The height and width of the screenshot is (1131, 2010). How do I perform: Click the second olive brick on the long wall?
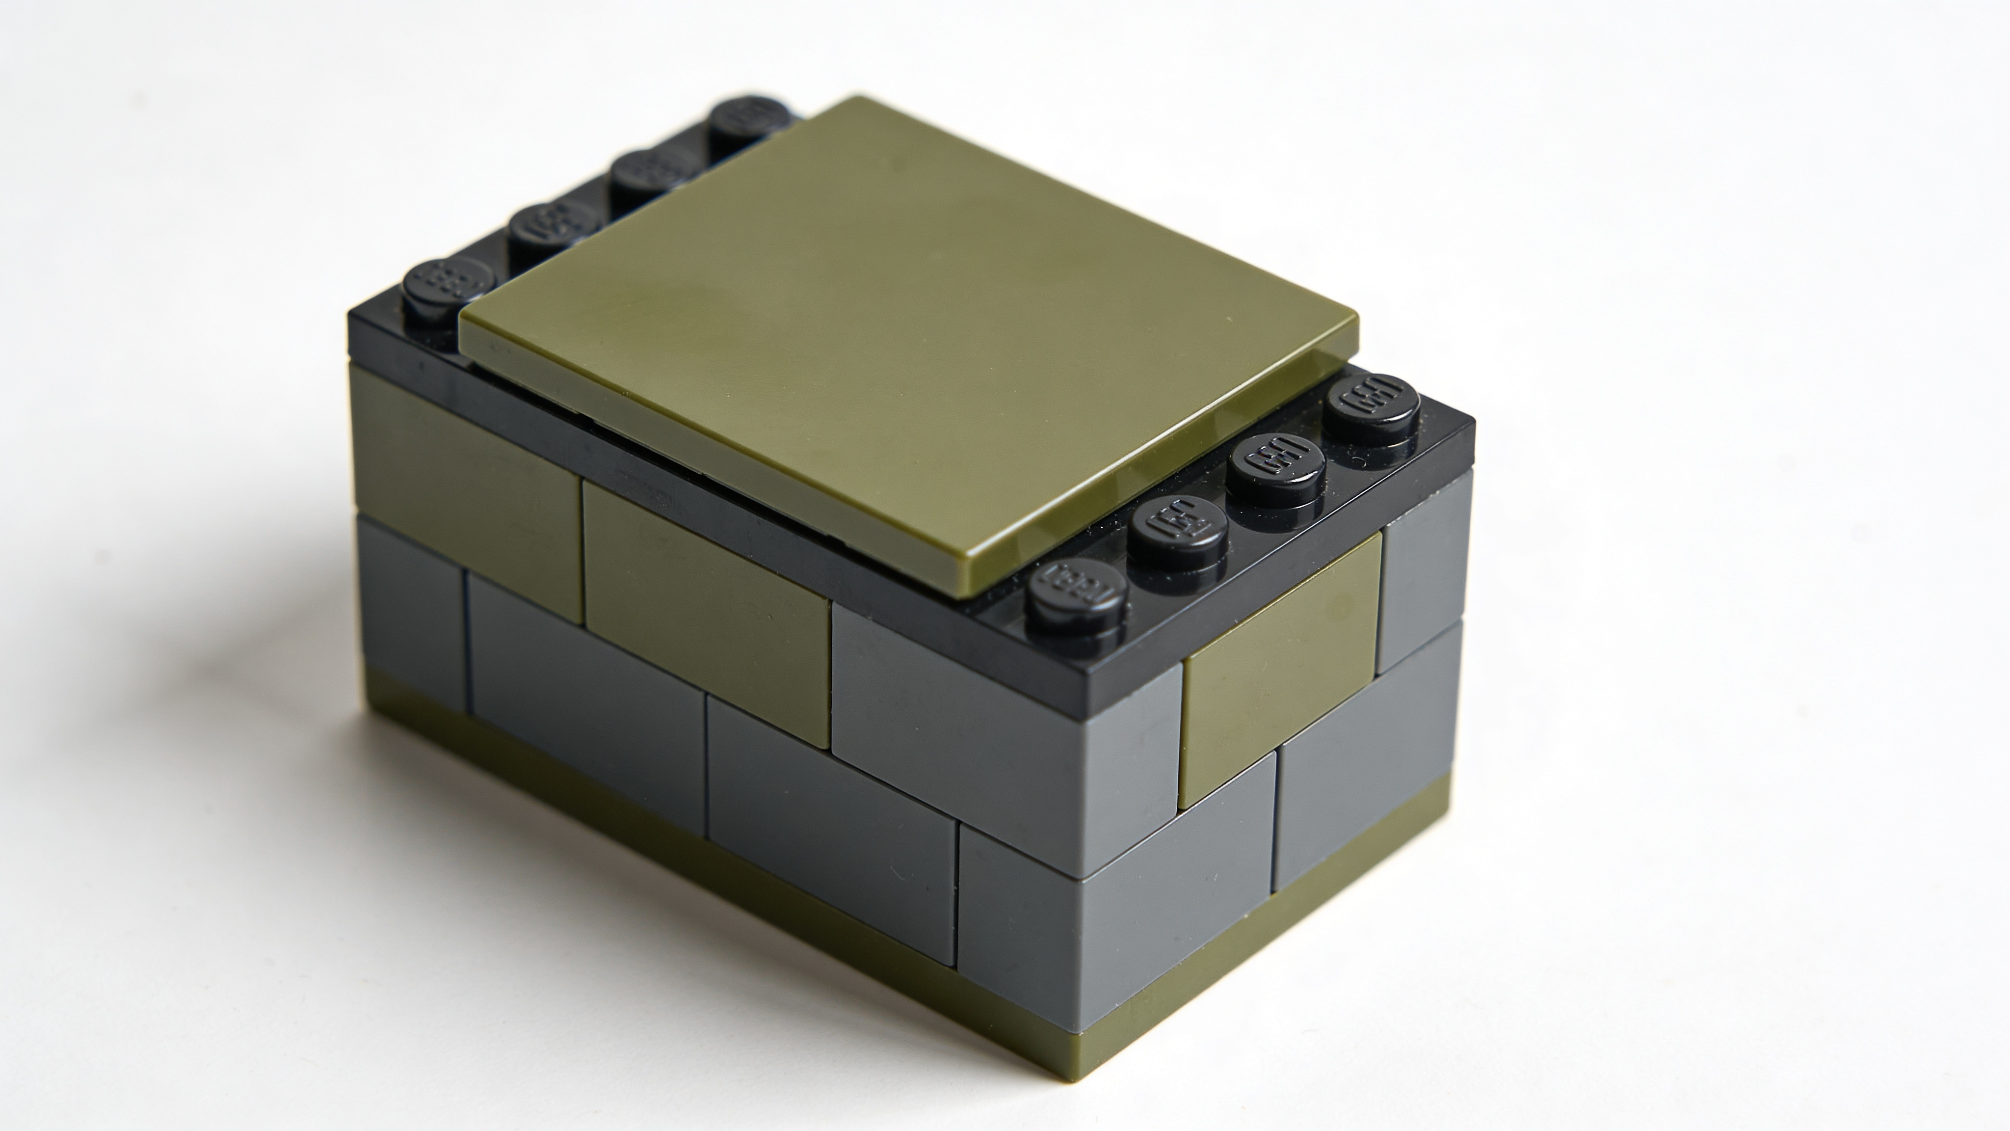pos(706,609)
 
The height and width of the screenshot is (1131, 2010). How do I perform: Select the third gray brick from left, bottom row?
pos(831,820)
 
